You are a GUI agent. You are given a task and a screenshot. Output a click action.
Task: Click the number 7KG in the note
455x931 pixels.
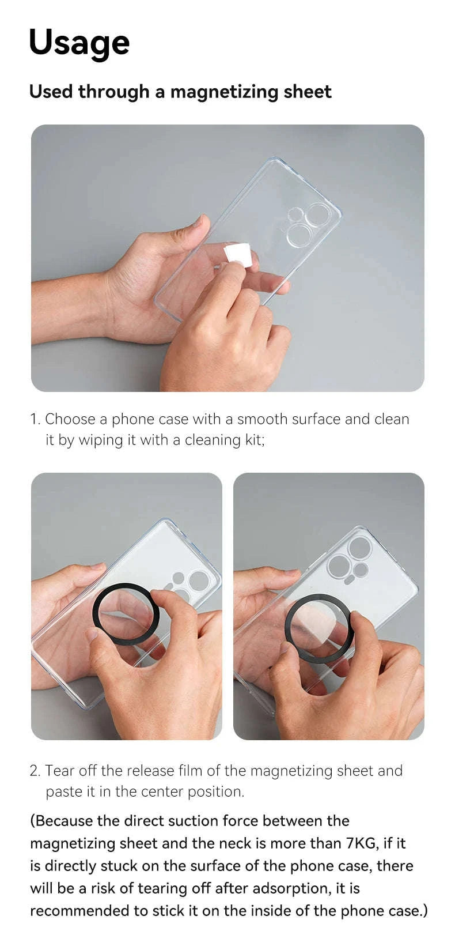tap(361, 843)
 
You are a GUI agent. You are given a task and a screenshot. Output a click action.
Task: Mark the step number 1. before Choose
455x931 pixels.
tap(35, 419)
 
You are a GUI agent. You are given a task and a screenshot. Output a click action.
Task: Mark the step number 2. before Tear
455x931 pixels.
tap(35, 771)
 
